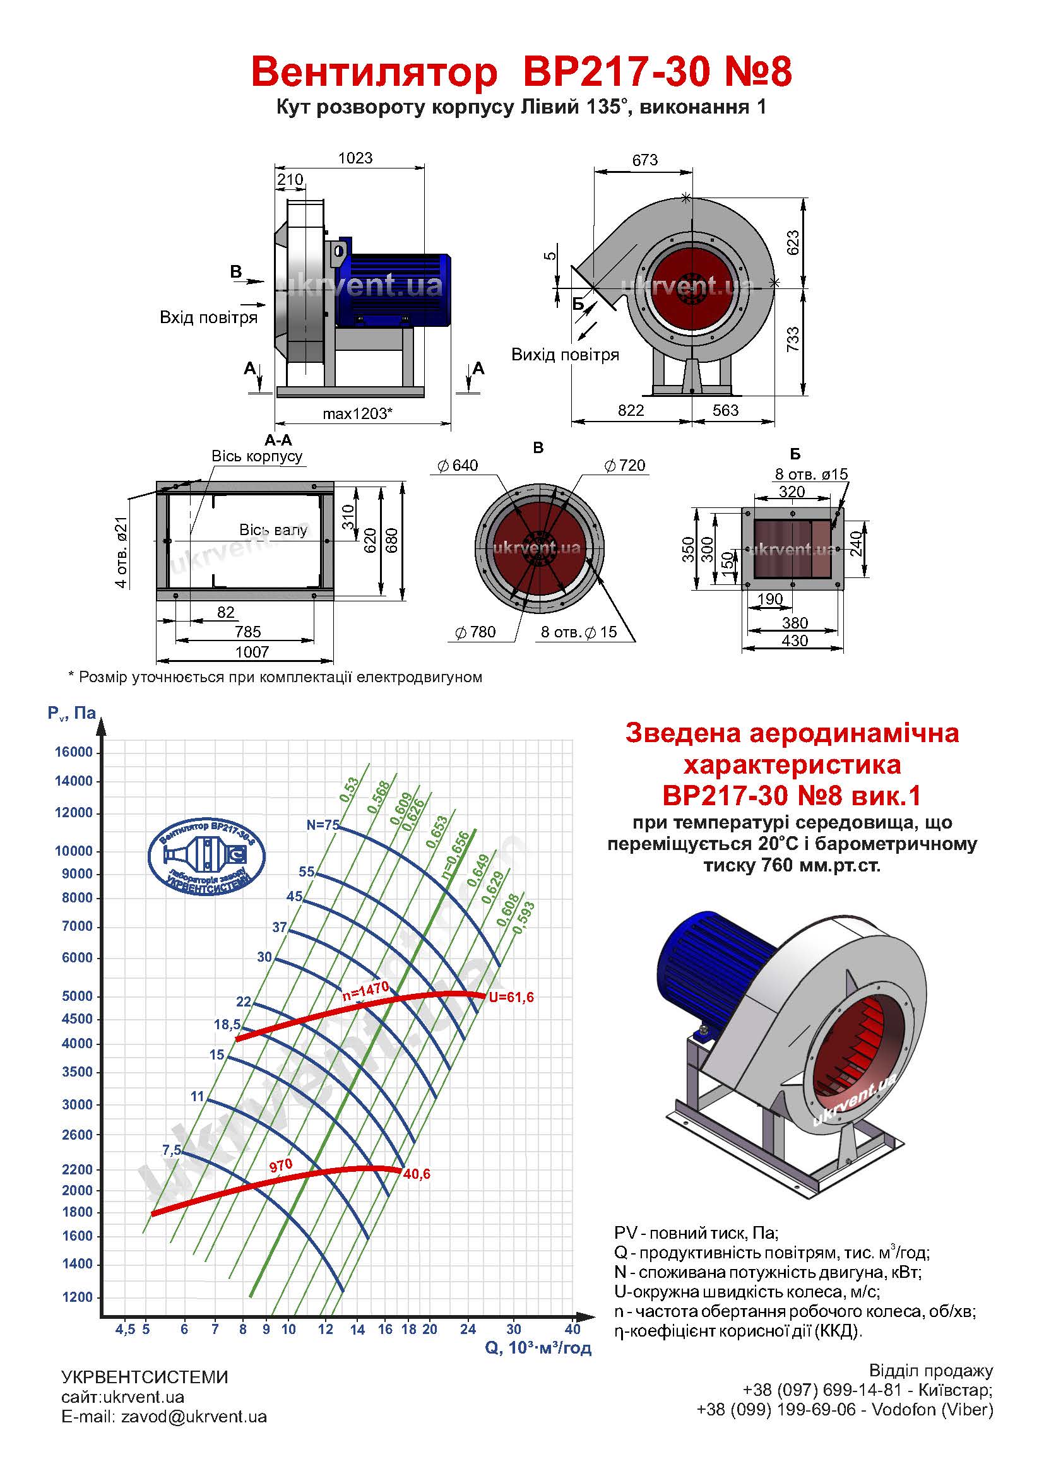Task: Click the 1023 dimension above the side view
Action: tap(355, 158)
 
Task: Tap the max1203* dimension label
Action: tap(357, 413)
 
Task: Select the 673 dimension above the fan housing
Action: tap(645, 160)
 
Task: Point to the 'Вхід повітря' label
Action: tap(208, 317)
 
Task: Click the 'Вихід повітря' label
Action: tap(565, 355)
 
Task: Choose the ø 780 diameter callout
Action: tap(475, 632)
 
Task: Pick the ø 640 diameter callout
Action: tap(457, 466)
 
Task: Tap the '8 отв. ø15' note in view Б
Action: tap(811, 475)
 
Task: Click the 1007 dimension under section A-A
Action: tap(252, 652)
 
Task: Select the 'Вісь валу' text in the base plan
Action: tap(273, 530)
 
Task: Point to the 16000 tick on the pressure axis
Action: tap(74, 753)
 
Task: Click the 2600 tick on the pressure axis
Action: tap(78, 1135)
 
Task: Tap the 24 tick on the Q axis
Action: tap(468, 1330)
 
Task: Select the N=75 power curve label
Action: tap(323, 825)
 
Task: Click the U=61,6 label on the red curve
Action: tap(512, 998)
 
